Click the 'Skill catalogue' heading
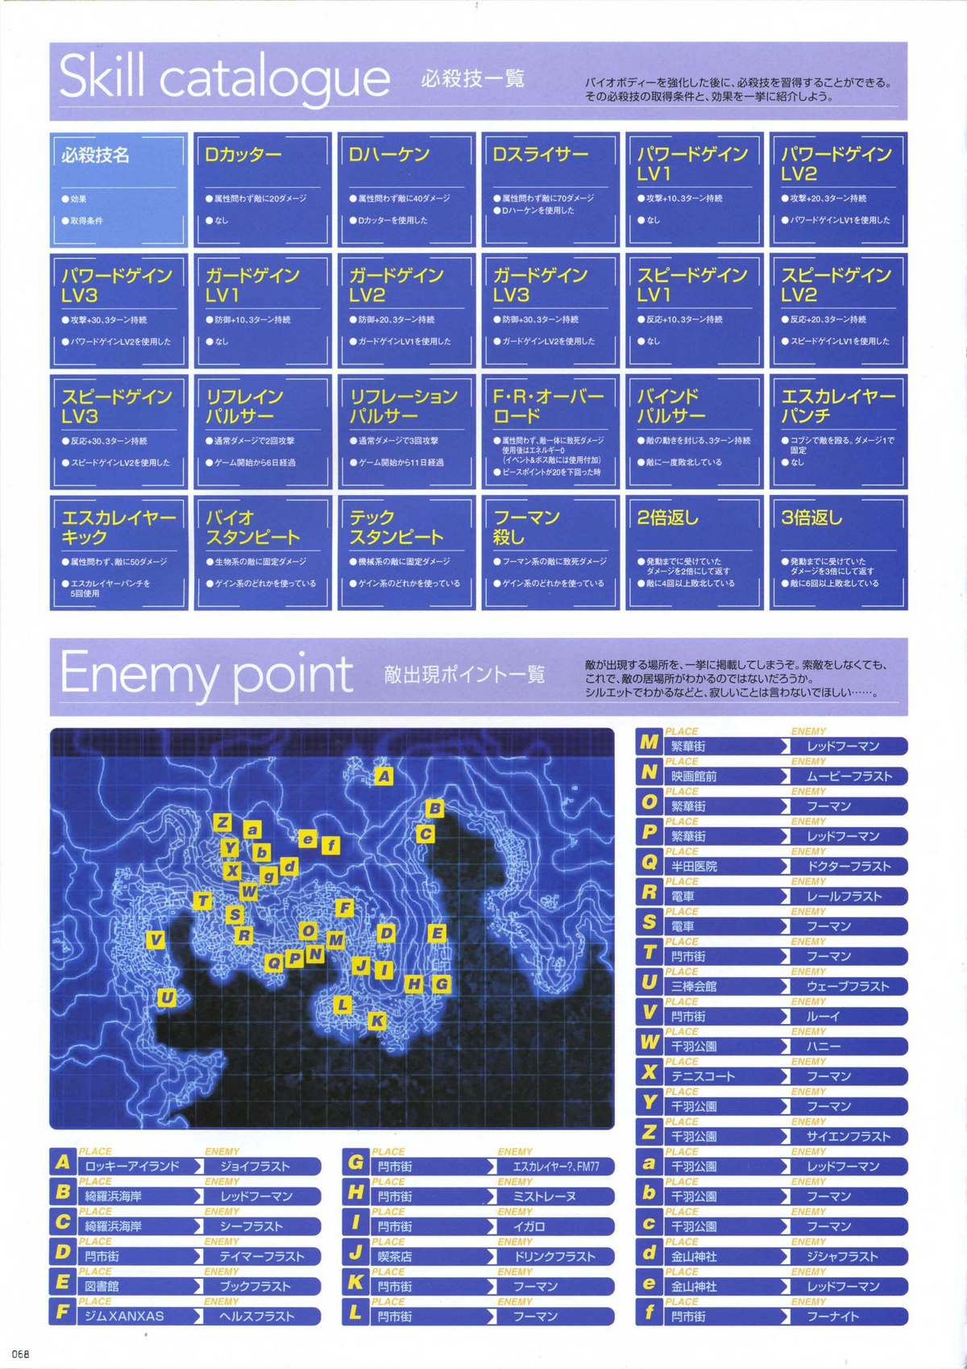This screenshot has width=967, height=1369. coord(225,78)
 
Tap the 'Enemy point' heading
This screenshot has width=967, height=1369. coord(206,673)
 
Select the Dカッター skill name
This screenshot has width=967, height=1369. coord(243,154)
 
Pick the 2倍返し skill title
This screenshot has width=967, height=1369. coord(667,518)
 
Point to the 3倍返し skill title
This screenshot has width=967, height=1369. coord(811,518)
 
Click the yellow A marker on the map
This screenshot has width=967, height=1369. coord(384,776)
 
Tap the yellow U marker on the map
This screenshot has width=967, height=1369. coord(167,998)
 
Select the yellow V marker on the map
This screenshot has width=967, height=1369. coord(156,940)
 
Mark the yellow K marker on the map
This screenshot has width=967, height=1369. coord(376,1021)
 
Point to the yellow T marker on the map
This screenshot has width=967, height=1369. coord(203,901)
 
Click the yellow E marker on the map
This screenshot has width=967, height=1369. coord(437,934)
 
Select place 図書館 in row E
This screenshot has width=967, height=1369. coord(102,1286)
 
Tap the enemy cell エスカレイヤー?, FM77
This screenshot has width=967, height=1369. coord(555,1166)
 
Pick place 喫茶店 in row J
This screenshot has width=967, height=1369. coord(395,1256)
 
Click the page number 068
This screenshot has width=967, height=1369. coord(20,1354)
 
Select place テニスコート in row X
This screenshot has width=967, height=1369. coord(703,1076)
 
